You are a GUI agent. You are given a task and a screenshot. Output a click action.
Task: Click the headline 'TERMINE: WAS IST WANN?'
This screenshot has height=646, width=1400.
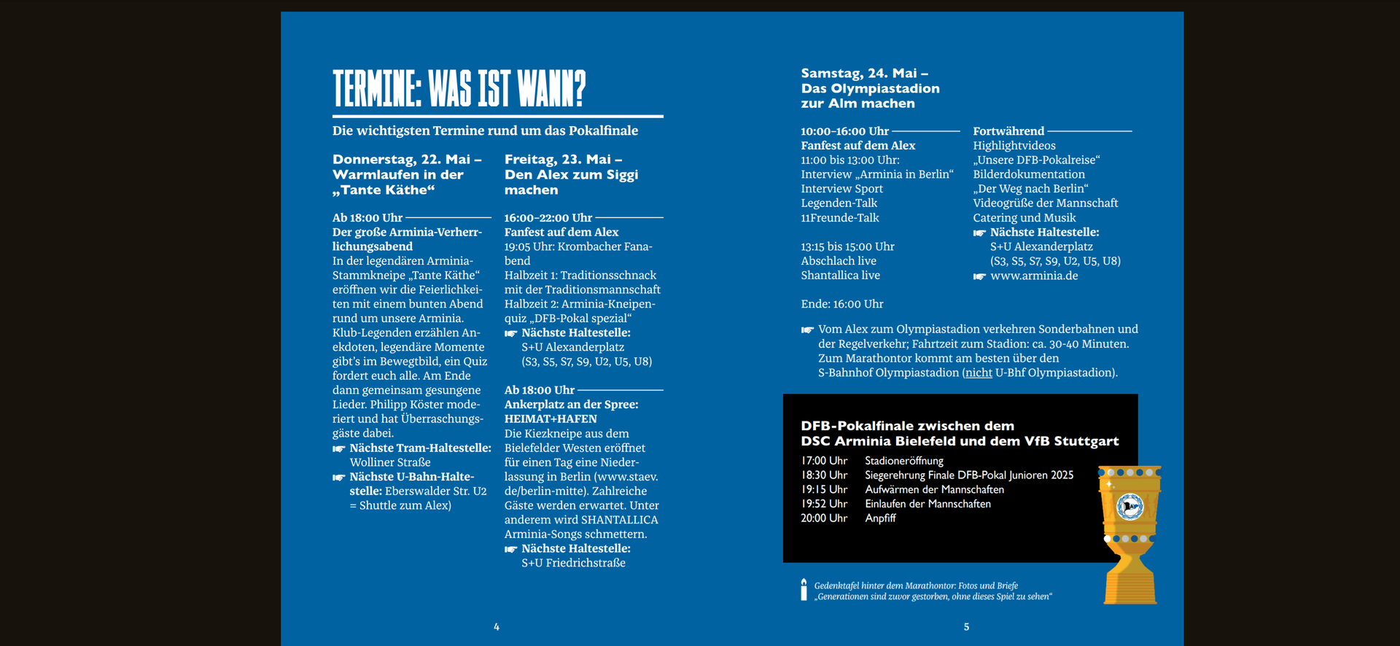(x=459, y=89)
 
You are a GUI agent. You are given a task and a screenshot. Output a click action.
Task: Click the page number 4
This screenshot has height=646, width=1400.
(x=497, y=627)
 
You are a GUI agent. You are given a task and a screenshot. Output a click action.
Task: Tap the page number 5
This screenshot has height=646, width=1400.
(x=966, y=627)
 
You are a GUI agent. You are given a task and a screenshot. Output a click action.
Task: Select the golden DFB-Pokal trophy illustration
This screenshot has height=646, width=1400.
(x=1129, y=536)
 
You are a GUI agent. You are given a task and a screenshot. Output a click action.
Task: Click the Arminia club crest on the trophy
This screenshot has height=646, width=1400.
(x=1129, y=506)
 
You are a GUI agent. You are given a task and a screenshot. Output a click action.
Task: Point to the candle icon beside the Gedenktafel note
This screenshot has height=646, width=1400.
(x=804, y=590)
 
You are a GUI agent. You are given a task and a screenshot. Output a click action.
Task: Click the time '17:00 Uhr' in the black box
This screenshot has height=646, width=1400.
(x=824, y=461)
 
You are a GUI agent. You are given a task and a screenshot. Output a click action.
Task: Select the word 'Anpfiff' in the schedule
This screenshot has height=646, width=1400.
(x=880, y=518)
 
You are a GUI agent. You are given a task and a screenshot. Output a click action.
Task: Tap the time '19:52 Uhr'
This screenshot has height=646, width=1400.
(x=824, y=504)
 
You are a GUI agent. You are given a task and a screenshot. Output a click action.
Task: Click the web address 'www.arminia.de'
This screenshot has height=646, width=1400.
(x=1034, y=276)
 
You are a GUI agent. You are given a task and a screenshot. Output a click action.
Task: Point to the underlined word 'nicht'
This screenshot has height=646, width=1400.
(x=979, y=373)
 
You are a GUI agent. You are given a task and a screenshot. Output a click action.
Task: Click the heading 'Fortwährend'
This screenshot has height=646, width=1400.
(x=1008, y=131)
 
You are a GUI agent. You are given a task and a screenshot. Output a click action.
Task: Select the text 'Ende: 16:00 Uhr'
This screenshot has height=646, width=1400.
(x=841, y=304)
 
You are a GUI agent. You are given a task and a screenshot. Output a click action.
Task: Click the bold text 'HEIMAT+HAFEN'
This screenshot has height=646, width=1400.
(x=551, y=419)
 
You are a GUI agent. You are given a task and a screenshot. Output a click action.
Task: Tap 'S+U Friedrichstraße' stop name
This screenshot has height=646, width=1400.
(x=573, y=563)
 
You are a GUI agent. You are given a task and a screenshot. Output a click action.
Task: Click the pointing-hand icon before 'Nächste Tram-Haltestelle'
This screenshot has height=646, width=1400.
(x=339, y=448)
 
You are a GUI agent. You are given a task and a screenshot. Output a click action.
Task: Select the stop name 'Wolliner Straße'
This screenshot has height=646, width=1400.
(x=390, y=462)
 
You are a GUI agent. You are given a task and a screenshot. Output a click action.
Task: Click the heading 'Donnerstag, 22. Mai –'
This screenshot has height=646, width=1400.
(x=407, y=160)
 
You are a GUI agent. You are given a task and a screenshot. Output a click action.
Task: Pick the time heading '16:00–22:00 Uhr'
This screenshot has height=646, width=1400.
(x=548, y=218)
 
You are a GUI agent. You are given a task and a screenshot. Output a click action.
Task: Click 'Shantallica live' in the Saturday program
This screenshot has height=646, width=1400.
(x=840, y=276)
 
